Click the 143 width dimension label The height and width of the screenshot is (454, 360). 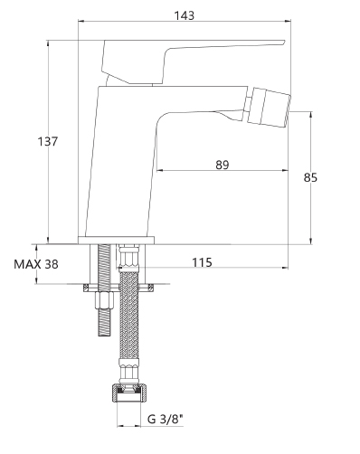(x=185, y=15)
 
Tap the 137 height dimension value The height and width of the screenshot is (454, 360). (x=47, y=141)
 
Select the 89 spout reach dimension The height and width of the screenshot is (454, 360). (x=223, y=165)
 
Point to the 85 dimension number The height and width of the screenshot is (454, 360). (x=310, y=177)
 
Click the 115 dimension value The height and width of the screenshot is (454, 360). (x=202, y=262)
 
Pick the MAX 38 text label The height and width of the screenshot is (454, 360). (x=36, y=264)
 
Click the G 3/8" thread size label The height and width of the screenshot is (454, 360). (x=166, y=419)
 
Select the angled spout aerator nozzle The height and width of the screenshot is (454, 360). (x=269, y=106)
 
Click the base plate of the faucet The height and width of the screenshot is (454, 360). (x=116, y=241)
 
